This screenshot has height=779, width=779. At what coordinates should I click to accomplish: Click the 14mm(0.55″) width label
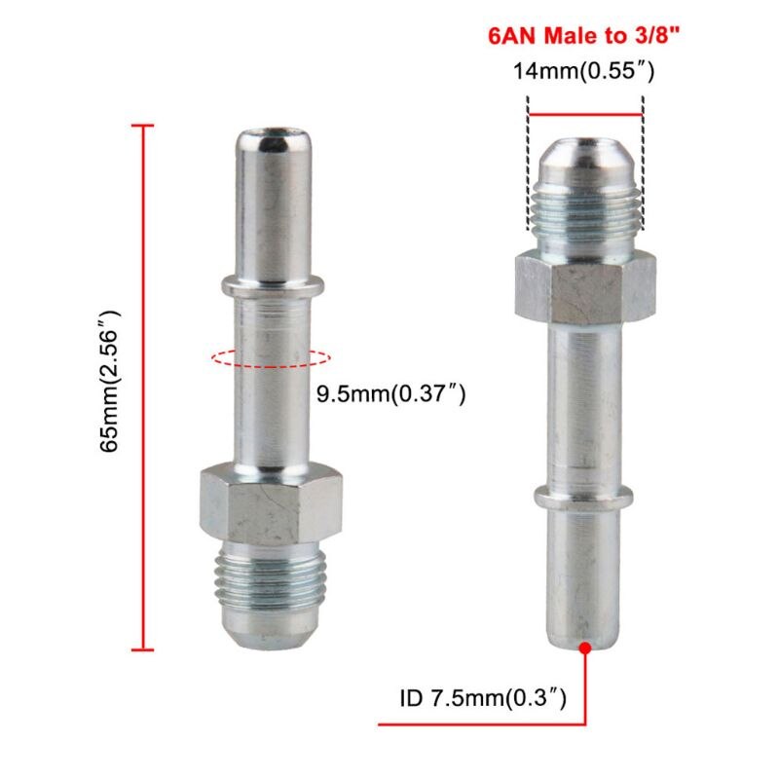[x=584, y=71]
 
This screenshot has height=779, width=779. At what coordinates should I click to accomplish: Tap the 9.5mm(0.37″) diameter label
[x=391, y=394]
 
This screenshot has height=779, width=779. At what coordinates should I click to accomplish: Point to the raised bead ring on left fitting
[x=270, y=285]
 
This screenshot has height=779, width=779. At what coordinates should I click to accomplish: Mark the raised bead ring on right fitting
[x=584, y=493]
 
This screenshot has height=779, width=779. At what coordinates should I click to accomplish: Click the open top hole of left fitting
[x=270, y=130]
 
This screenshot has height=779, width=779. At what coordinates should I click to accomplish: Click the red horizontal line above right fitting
[x=584, y=115]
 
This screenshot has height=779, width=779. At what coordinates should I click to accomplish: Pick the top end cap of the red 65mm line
[x=143, y=126]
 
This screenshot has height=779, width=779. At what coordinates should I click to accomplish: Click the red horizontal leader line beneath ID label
[x=482, y=724]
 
